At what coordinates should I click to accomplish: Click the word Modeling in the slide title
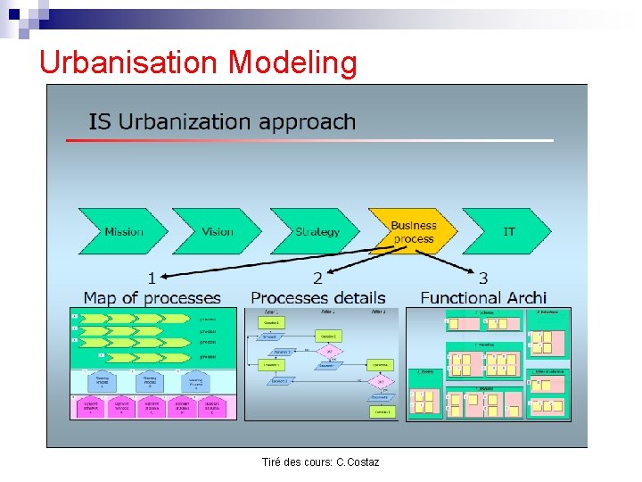coord(292,62)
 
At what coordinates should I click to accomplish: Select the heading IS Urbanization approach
coord(222,121)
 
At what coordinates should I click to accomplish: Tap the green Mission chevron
coord(124,232)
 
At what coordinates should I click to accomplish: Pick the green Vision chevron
coord(217,232)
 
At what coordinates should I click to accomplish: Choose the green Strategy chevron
coord(317,232)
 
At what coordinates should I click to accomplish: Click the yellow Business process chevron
coord(413,232)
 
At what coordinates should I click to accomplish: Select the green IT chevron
coord(508,232)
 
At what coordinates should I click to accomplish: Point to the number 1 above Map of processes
coord(152,278)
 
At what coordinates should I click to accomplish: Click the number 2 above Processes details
coord(318,279)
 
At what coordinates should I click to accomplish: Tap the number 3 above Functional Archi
coord(483,278)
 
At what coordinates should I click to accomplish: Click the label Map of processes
coord(152,297)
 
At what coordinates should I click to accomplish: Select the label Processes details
coord(318,297)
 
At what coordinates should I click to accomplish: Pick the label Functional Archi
coord(483,297)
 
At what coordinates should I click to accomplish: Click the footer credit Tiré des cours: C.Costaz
coord(320,461)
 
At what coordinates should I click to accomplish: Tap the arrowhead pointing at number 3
coord(471,271)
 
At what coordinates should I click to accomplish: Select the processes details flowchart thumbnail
coord(322,363)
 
